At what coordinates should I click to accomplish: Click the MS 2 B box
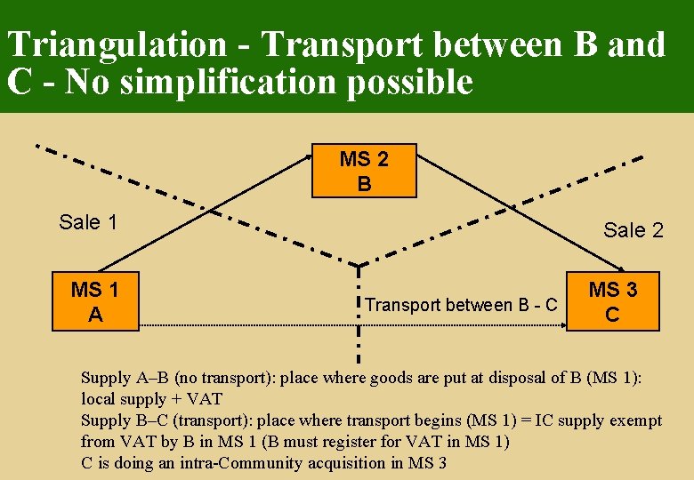tap(364, 172)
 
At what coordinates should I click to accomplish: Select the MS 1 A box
tap(95, 302)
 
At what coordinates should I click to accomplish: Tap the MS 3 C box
tap(612, 302)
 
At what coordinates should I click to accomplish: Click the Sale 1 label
tap(88, 222)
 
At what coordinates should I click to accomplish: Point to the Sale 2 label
tap(633, 230)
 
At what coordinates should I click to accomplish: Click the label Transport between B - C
tap(461, 305)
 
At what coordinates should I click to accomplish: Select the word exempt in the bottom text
tap(635, 420)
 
